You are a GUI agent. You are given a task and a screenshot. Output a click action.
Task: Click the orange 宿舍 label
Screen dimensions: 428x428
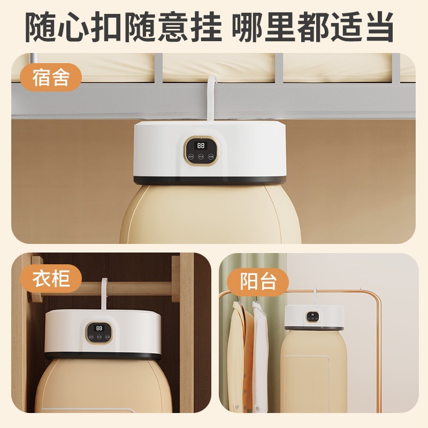pyautogui.click(x=51, y=78)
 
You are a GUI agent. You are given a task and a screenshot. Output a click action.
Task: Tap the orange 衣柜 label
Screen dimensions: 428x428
pyautogui.click(x=51, y=278)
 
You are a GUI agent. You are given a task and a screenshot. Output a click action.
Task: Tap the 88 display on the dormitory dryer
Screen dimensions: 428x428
pyautogui.click(x=201, y=146)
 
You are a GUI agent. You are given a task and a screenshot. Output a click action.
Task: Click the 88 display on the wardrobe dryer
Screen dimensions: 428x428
pyautogui.click(x=99, y=327)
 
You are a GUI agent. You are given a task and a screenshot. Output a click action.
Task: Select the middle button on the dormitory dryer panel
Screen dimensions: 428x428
pyautogui.click(x=201, y=157)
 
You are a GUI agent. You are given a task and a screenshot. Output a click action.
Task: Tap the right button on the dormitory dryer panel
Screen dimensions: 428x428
pyautogui.click(x=211, y=157)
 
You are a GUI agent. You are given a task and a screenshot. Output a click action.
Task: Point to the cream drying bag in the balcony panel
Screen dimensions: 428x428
pyautogui.click(x=313, y=369)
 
